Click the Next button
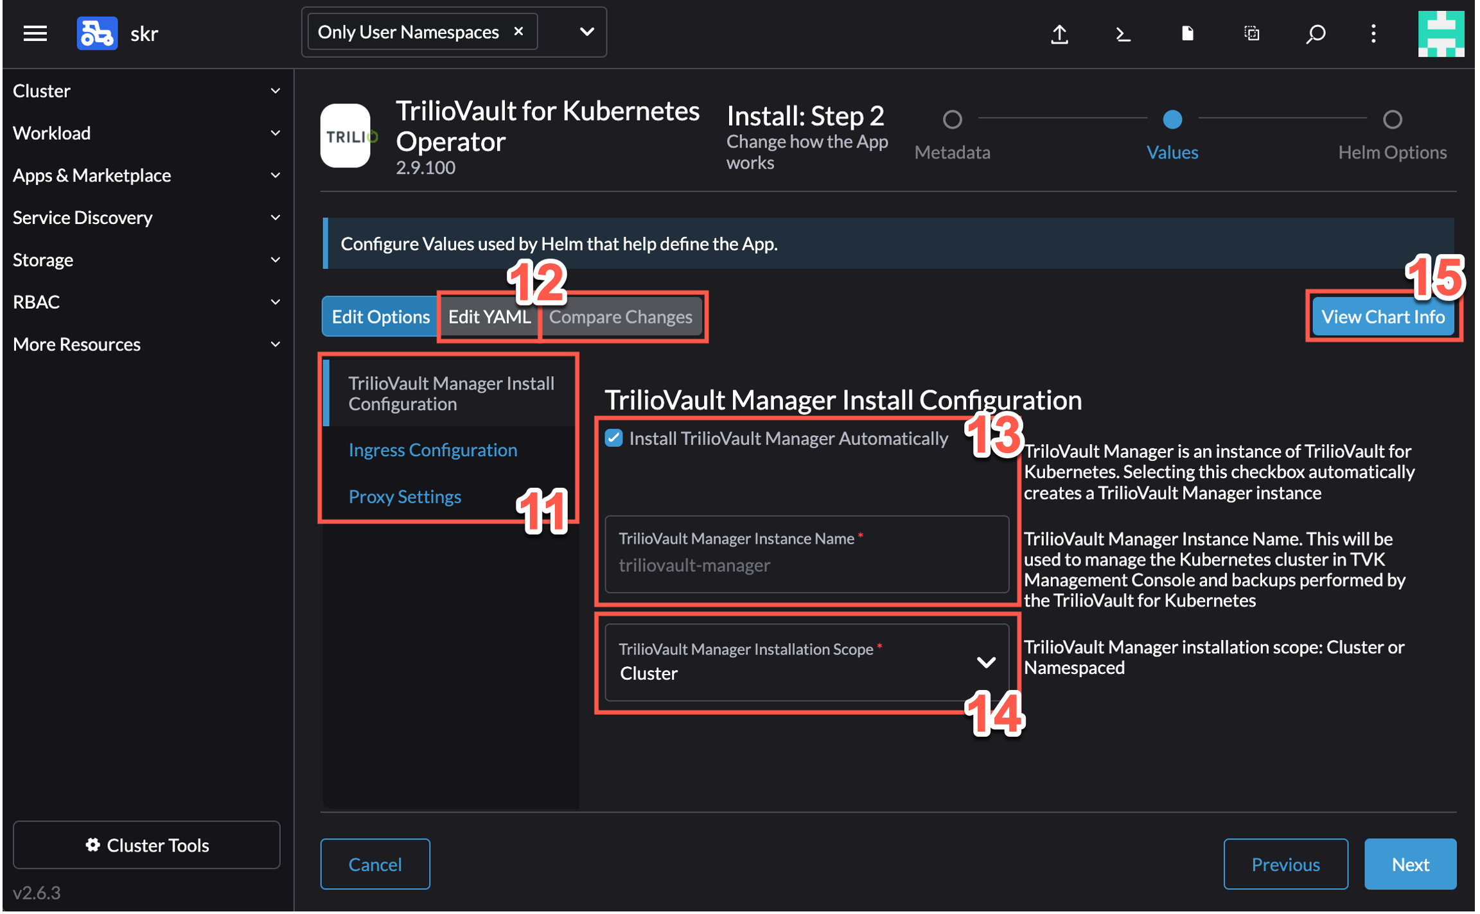[x=1409, y=864]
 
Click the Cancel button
[x=375, y=864]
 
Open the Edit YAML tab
[x=489, y=316]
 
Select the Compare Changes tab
[x=621, y=316]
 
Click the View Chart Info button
[x=1383, y=316]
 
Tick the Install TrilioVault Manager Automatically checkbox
[x=613, y=438]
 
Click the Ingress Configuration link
[x=432, y=450]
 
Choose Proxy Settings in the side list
[x=405, y=496]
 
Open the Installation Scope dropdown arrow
[x=985, y=662]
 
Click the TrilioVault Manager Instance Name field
[x=806, y=554]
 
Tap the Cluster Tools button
[x=146, y=845]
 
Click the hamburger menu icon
[x=35, y=33]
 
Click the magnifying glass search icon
[x=1315, y=33]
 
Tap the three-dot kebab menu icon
[x=1373, y=33]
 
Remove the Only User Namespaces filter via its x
[x=518, y=31]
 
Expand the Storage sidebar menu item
[x=146, y=259]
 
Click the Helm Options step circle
[x=1392, y=119]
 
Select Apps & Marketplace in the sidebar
[x=146, y=175]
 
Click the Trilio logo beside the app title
[x=345, y=135]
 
